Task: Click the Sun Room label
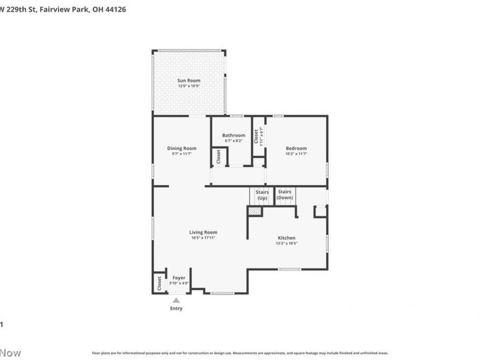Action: point(188,80)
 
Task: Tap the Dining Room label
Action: point(182,148)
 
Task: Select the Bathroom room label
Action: point(233,135)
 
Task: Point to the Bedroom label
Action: point(296,148)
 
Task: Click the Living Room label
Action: point(203,232)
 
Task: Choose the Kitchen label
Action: point(286,237)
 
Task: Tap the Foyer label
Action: point(179,278)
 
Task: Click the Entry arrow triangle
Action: point(176,300)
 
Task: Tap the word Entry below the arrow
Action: point(176,309)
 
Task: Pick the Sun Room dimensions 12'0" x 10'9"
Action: point(188,86)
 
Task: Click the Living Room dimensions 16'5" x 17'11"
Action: point(203,238)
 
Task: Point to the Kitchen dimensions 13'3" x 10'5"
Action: point(286,243)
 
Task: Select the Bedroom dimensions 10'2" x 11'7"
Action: point(296,154)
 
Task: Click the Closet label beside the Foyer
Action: point(159,283)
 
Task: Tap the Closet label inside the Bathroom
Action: point(218,157)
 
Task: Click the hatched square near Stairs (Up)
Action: point(255,211)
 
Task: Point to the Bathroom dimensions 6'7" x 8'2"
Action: point(233,141)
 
